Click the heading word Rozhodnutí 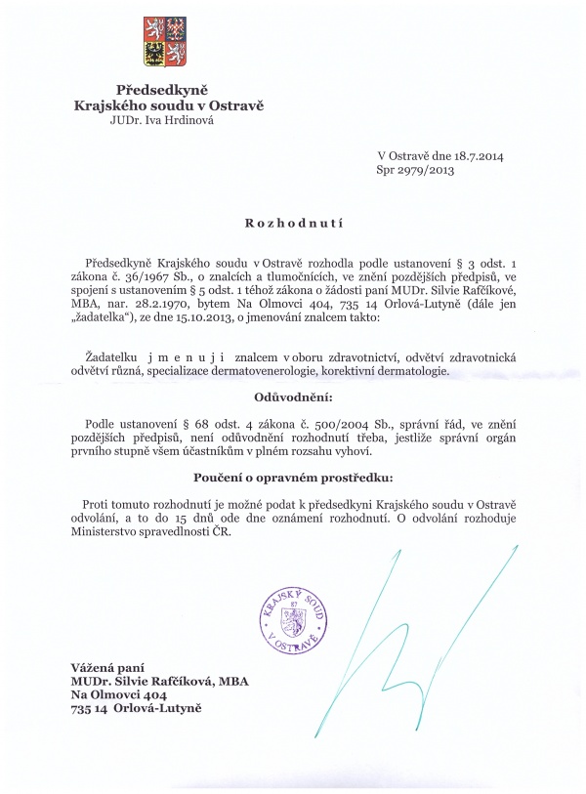[293, 224]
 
